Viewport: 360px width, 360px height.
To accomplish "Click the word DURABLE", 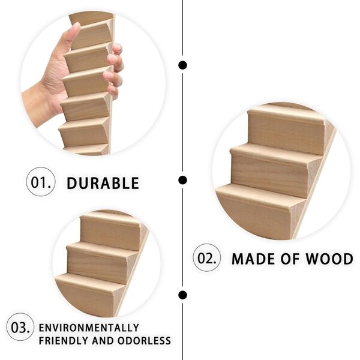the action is pos(103,183).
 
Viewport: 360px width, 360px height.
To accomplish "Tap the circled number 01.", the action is pos(41,182).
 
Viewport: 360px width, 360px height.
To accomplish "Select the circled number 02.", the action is pos(207,257).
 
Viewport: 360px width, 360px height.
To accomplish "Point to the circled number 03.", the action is pos(20,327).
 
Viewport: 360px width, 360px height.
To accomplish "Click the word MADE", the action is pos(253,259).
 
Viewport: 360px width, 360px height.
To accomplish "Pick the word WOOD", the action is pos(329,259).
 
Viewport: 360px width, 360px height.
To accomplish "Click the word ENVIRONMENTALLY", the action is pos(89,328).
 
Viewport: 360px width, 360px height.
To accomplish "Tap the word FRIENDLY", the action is pos(64,340).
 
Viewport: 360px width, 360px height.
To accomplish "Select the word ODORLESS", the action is pos(144,340).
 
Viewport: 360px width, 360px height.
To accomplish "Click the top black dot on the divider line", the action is pos(182,65).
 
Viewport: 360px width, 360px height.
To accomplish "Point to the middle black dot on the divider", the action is pos(182,180).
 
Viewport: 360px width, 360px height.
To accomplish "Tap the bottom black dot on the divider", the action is pos(182,295).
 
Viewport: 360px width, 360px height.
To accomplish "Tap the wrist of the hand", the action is pos(39,103).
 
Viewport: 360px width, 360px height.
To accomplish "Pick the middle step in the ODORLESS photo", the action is pos(99,262).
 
